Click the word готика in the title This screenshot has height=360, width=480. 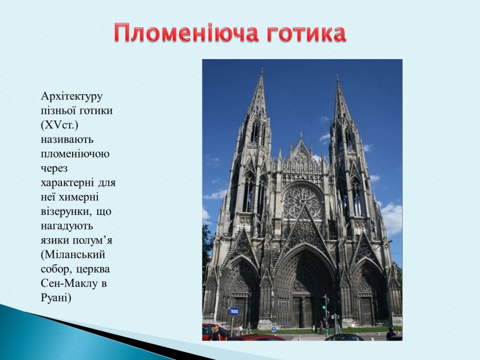pyautogui.click(x=306, y=33)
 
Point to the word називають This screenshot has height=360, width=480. pyautogui.click(x=67, y=139)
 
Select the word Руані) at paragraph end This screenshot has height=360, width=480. pyautogui.click(x=56, y=298)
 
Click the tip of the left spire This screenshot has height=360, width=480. pyautogui.click(x=262, y=70)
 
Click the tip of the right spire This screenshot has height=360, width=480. pyautogui.click(x=337, y=77)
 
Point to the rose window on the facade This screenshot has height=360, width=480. pyautogui.click(x=302, y=201)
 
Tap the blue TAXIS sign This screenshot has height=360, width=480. pyautogui.click(x=234, y=311)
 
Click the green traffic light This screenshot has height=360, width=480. pyautogui.click(x=324, y=307)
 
